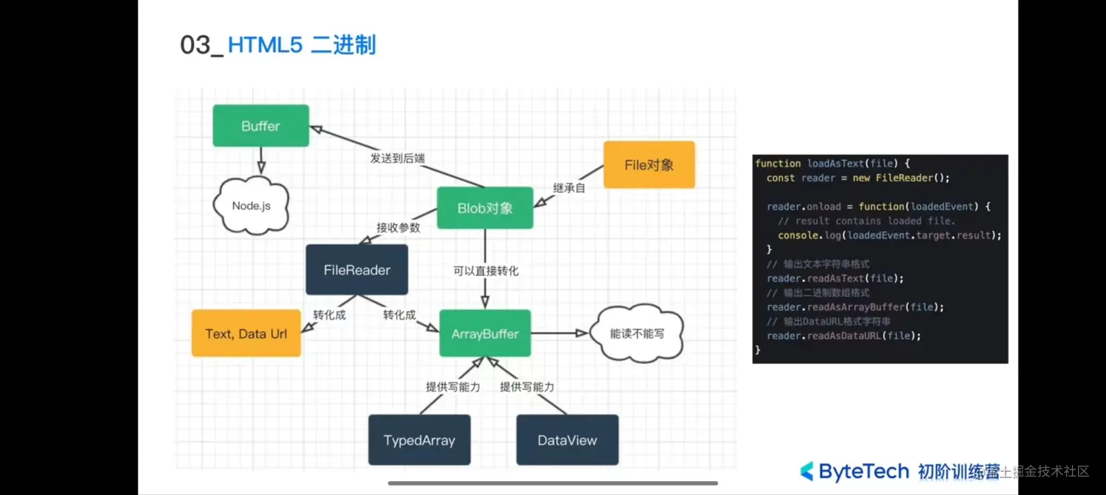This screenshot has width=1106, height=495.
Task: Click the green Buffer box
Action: pos(260,126)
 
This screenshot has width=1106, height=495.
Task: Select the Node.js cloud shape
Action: pos(251,205)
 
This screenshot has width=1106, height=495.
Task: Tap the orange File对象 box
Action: pos(649,165)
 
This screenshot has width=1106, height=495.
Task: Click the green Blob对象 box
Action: pos(484,208)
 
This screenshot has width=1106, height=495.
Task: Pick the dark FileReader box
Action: pos(356,270)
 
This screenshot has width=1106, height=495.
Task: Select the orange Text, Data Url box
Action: pos(246,333)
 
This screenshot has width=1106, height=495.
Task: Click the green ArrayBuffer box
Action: pos(484,333)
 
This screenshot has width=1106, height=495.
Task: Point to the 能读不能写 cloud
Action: pos(636,333)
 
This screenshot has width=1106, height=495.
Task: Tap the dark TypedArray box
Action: pos(419,440)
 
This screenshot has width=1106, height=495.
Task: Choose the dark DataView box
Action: pos(567,440)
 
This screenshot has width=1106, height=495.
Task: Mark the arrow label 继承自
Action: pos(570,187)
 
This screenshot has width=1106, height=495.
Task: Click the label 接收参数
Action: pos(398,227)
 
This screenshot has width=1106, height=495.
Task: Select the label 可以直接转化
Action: pos(485,271)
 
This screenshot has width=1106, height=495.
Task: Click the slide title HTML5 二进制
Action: pos(301,45)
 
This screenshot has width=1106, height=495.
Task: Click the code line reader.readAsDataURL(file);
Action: pos(843,336)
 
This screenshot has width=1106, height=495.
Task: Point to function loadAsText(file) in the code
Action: pos(832,164)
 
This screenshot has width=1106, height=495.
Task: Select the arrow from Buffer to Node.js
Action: pos(260,159)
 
